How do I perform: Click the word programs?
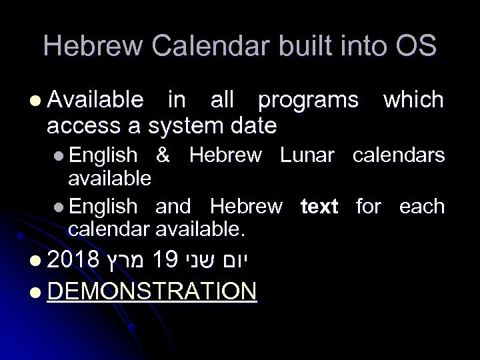307,101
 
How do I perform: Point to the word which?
413,100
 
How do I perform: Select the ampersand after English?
163,155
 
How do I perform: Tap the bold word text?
319,207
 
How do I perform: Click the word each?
421,207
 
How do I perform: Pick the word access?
78,124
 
